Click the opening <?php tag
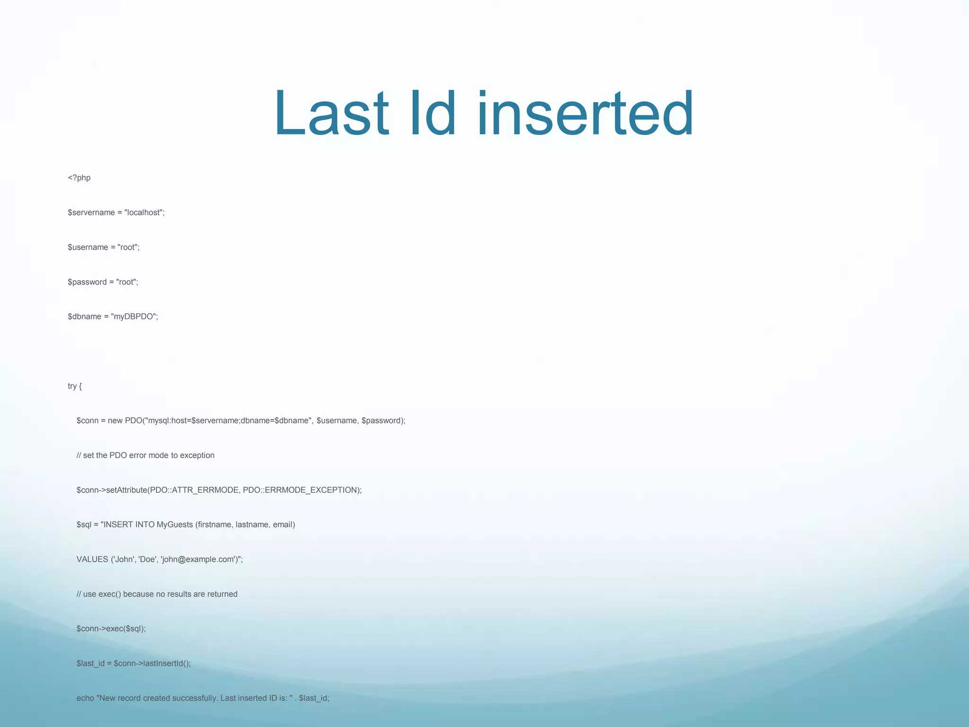click(x=79, y=178)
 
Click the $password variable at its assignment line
click(x=87, y=282)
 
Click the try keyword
click(x=72, y=386)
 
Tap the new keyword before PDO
click(x=115, y=421)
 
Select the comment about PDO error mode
click(x=145, y=455)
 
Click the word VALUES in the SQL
click(x=92, y=559)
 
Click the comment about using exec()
click(x=157, y=594)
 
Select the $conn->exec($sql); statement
click(x=111, y=629)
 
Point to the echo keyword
click(x=85, y=698)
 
